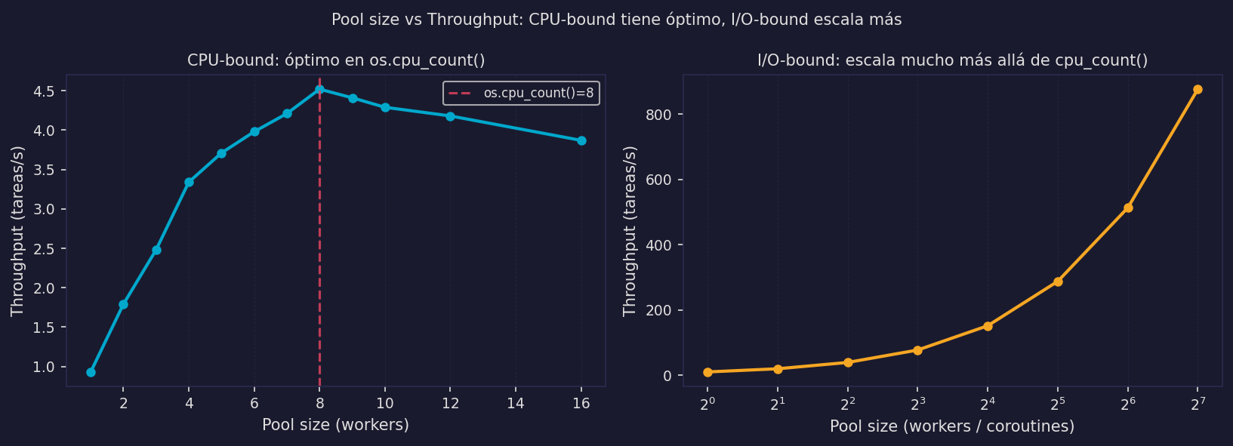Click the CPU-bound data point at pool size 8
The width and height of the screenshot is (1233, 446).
tap(319, 90)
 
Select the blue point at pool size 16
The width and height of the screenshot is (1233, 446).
tap(581, 140)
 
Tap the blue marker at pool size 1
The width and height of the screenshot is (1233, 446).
tap(91, 372)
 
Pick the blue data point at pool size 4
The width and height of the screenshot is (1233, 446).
tap(189, 182)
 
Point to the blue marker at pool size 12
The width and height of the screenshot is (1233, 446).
tap(450, 116)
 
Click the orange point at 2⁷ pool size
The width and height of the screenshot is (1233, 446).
tap(1198, 90)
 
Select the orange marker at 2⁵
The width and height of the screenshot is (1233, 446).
tap(1058, 281)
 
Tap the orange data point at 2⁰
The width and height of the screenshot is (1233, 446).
tap(707, 372)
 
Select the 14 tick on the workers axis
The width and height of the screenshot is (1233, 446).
tap(516, 403)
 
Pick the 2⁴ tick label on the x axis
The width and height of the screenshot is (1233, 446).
tap(988, 404)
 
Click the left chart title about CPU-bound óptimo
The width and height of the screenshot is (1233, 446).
tap(336, 60)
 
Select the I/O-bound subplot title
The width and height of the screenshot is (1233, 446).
tap(952, 60)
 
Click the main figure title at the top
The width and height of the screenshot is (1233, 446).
tap(616, 20)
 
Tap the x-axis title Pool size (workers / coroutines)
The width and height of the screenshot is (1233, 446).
tap(951, 426)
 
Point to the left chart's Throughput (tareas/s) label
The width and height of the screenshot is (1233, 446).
tap(17, 231)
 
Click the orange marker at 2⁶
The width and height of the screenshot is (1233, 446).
tap(1128, 208)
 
